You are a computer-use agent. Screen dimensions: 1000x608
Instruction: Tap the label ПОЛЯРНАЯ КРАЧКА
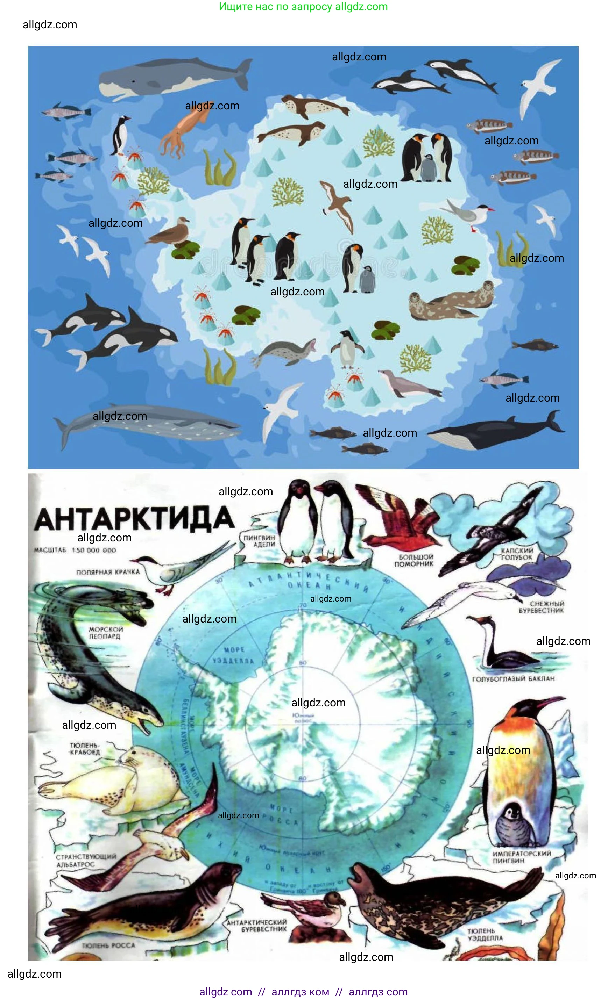[x=108, y=572]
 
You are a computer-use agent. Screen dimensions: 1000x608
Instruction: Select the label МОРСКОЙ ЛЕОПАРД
[x=106, y=633]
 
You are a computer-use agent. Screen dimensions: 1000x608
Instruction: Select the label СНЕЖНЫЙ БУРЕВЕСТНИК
[x=541, y=607]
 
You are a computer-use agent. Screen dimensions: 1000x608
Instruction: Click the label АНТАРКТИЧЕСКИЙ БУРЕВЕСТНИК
[x=257, y=926]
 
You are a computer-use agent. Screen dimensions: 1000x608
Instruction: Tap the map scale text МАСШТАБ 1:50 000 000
[x=75, y=550]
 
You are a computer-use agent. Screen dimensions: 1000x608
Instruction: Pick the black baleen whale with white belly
[x=495, y=433]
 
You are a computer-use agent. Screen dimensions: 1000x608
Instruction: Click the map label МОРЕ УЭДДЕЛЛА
[x=234, y=655]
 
